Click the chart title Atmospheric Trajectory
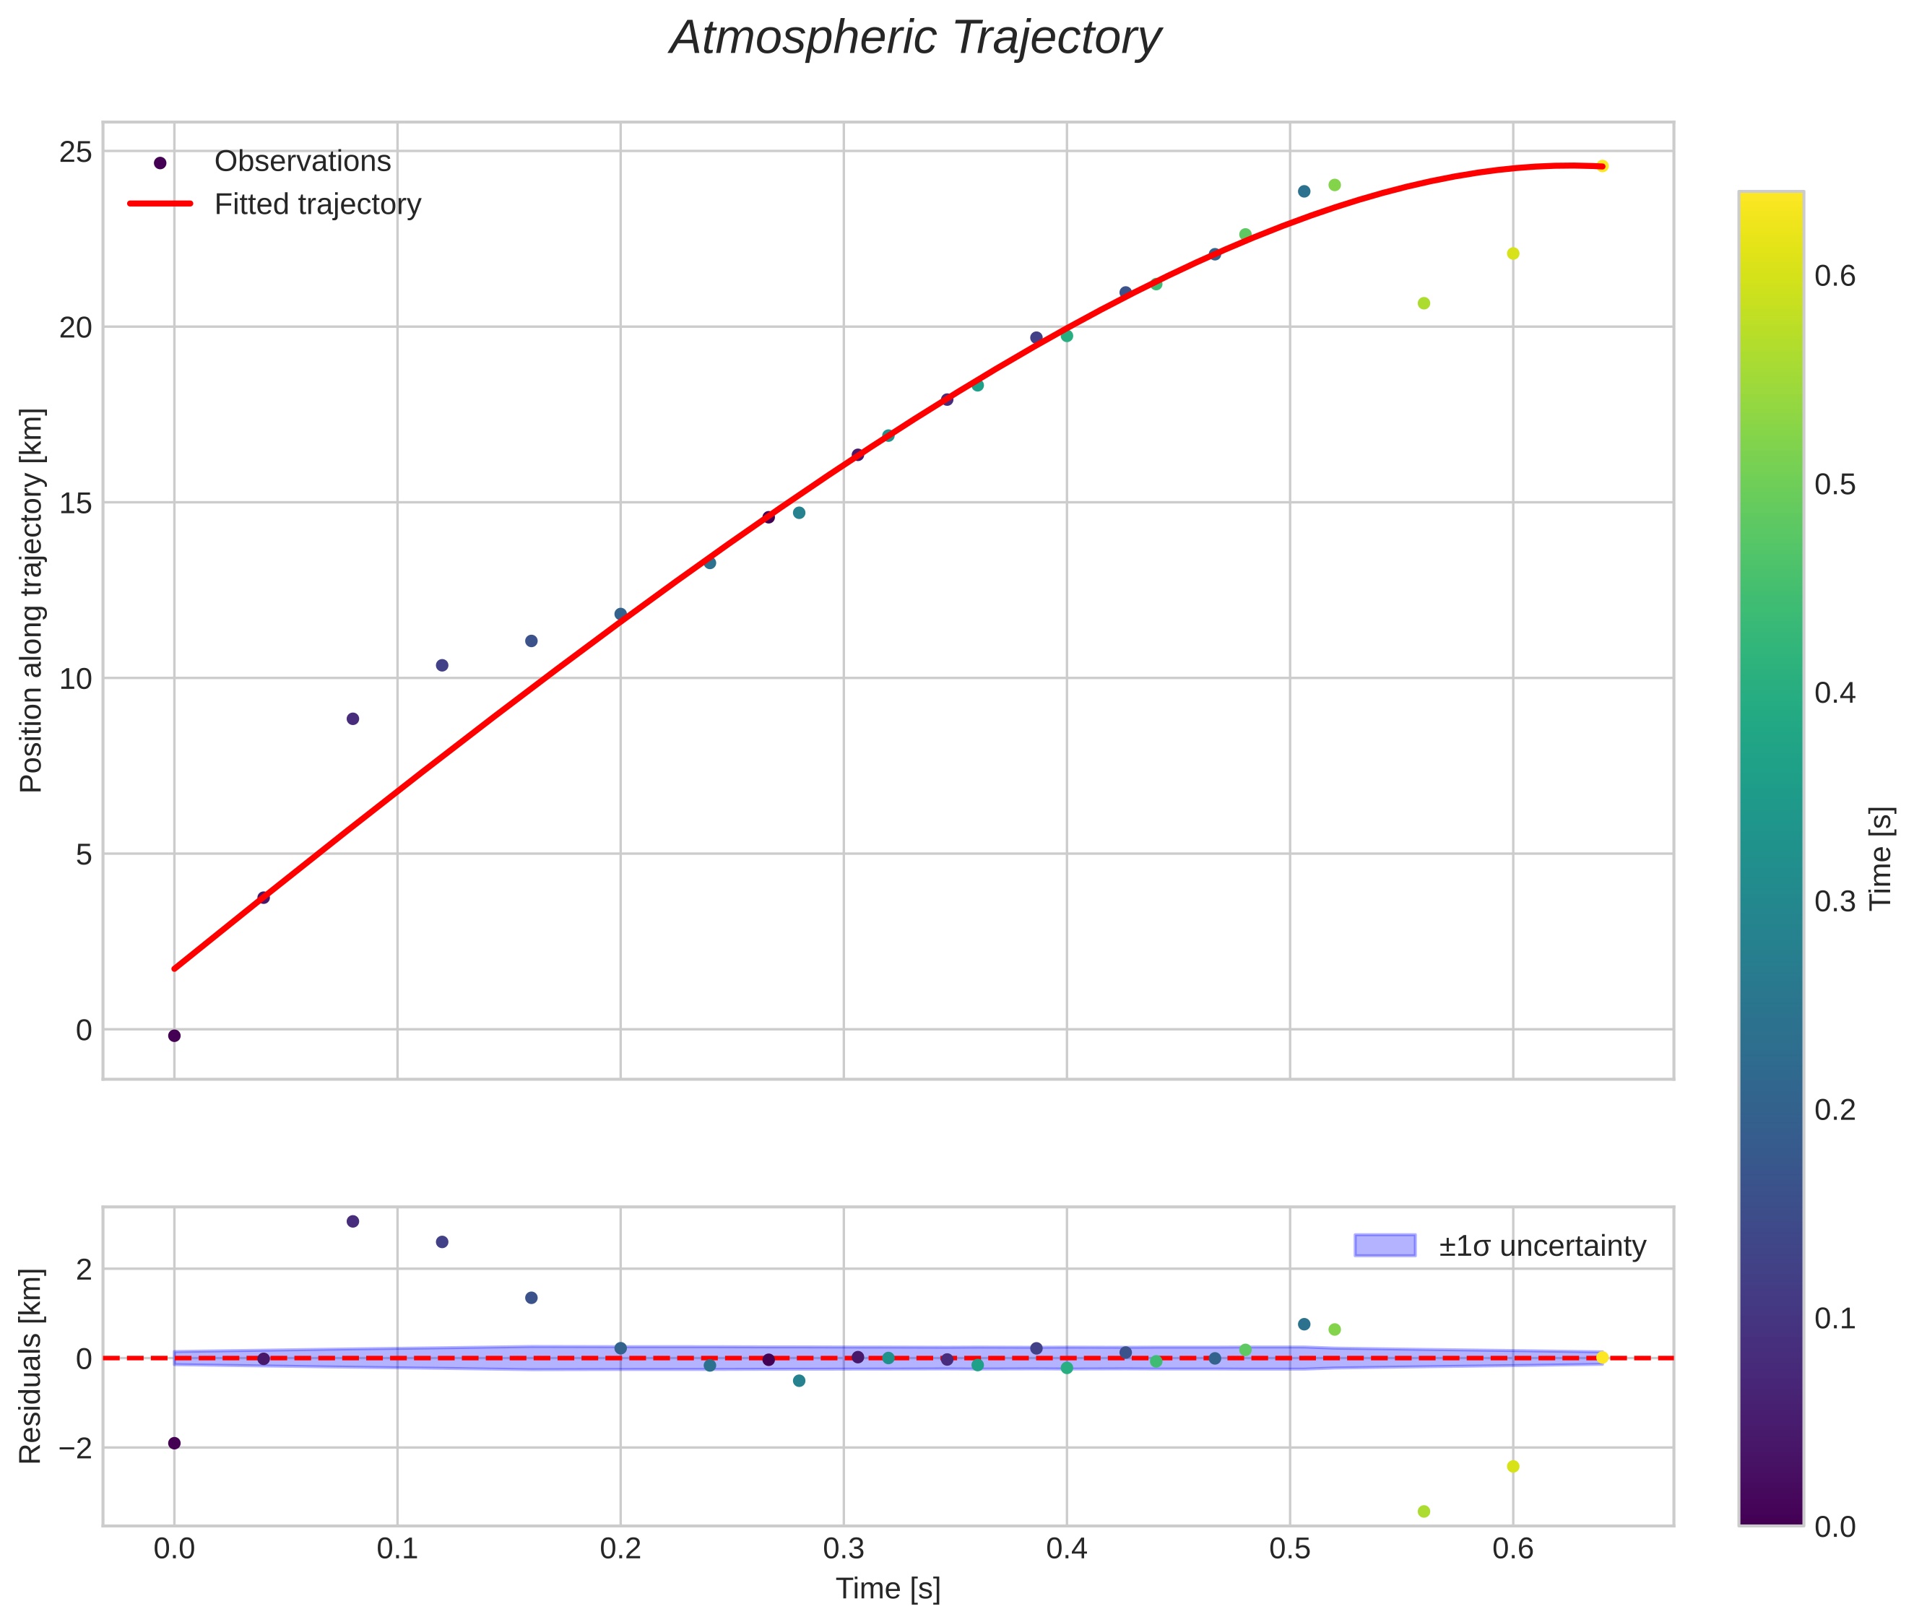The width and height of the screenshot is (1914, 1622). tap(914, 38)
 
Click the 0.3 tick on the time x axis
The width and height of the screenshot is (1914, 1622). tap(844, 1548)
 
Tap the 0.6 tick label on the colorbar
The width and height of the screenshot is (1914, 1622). tap(1834, 277)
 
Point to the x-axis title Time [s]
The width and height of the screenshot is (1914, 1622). tap(888, 1589)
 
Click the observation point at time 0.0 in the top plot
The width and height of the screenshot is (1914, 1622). tap(175, 1036)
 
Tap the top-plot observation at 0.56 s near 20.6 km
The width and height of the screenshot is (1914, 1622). tap(1424, 303)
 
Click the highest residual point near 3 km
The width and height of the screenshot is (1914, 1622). tap(352, 1221)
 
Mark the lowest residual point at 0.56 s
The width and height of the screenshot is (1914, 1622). tap(1424, 1512)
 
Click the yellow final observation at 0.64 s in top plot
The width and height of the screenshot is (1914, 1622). tap(1601, 165)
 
